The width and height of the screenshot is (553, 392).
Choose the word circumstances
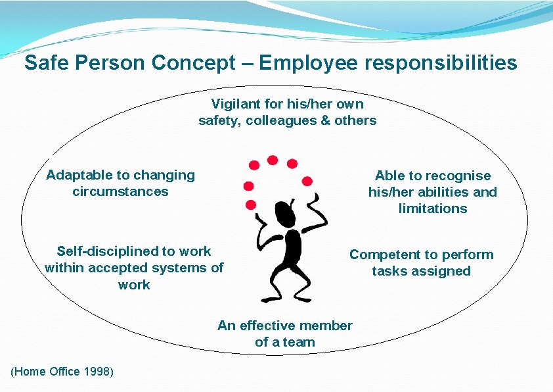[120, 191]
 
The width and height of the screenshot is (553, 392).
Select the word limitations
[433, 208]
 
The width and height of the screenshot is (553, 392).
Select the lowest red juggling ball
[250, 204]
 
